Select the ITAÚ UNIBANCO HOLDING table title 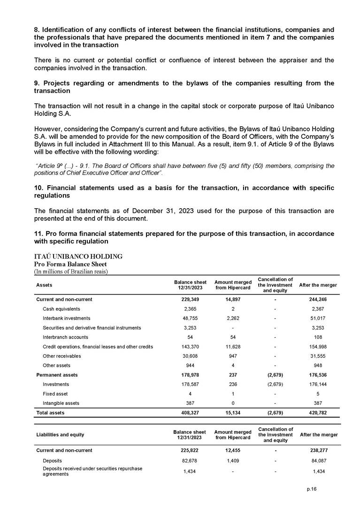78,257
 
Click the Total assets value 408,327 190,413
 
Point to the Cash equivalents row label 61,309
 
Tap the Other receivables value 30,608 190,356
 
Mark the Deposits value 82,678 190,460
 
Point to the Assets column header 44,285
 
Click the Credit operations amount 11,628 233,347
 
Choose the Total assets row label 50,413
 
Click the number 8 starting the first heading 37,22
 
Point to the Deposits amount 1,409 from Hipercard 233,460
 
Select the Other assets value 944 190,365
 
